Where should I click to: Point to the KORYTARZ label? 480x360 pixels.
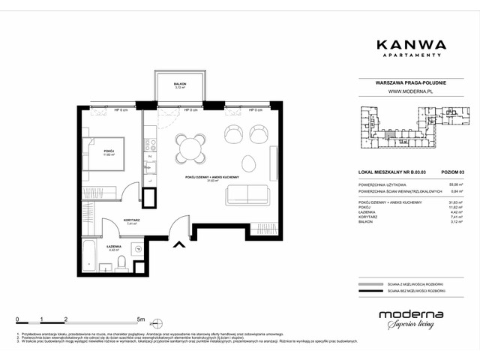[x=113, y=220]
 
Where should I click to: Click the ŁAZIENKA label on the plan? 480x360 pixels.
[x=114, y=247]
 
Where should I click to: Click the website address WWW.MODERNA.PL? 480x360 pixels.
[x=412, y=94]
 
